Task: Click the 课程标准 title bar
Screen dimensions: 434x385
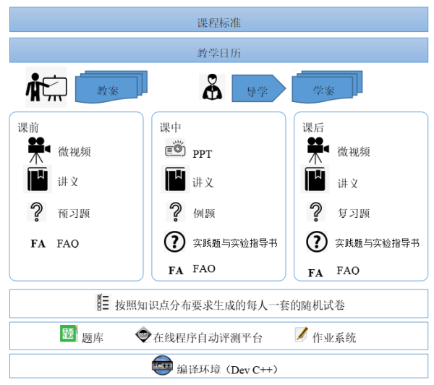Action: point(218,20)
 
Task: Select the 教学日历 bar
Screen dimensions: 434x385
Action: point(218,50)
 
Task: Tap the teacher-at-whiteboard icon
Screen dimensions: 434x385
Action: point(46,87)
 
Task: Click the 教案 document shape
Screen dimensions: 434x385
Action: point(111,87)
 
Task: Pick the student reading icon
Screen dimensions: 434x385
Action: point(212,87)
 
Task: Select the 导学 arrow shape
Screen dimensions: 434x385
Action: point(259,88)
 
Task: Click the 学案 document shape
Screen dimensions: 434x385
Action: point(327,87)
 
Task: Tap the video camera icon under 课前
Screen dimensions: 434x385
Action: point(38,150)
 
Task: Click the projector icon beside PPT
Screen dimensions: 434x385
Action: point(175,148)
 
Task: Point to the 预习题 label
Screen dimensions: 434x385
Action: point(74,213)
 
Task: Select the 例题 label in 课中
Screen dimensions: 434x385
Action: point(204,213)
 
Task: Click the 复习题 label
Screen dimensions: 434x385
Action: point(354,213)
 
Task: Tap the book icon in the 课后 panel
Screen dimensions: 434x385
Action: point(315,179)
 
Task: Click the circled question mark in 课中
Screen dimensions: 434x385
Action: point(174,242)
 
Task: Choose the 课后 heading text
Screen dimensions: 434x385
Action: point(313,127)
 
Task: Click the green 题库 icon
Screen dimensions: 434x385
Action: point(69,334)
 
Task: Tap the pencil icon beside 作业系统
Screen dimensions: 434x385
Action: point(302,334)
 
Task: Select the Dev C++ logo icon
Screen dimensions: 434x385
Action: point(163,365)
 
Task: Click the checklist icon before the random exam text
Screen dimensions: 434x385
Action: point(103,302)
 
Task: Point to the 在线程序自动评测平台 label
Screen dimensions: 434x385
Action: point(208,338)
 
